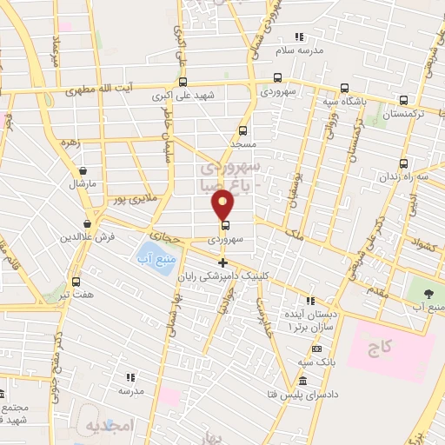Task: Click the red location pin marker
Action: pos(223,204)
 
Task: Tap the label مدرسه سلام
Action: pos(298,50)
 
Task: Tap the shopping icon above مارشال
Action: pos(83,171)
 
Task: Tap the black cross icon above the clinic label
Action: pos(222,262)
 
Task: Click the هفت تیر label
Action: pos(76,296)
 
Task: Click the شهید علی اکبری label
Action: pos(174,96)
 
